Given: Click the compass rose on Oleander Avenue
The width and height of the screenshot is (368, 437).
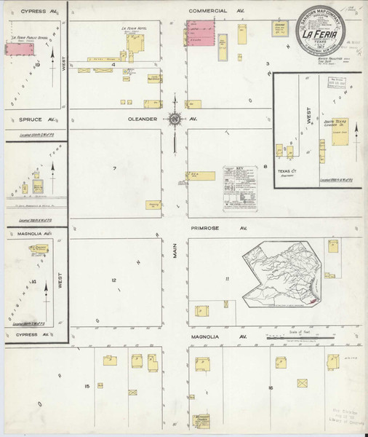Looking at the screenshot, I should point(175,118).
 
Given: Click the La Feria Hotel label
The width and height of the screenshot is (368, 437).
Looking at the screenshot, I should point(133,28).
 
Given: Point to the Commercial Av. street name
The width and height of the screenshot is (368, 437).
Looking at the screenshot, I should point(217,11).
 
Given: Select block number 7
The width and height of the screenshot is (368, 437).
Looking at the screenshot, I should point(114,168).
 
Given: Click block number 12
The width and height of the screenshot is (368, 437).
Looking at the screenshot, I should point(113,280).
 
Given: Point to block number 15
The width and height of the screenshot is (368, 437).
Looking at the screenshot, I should point(87,385).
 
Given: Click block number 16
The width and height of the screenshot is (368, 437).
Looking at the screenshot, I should point(270,388).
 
